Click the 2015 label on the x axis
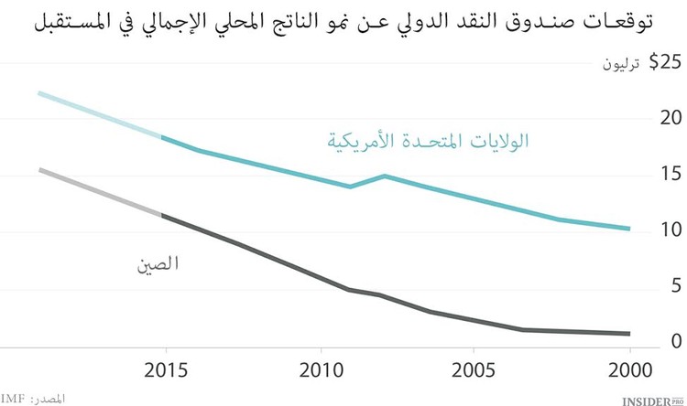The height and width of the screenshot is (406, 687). click(x=167, y=373)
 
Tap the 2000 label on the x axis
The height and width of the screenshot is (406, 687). click(x=629, y=373)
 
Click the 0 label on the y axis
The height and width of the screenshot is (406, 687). click(x=676, y=341)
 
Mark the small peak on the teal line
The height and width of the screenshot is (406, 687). click(x=385, y=176)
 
